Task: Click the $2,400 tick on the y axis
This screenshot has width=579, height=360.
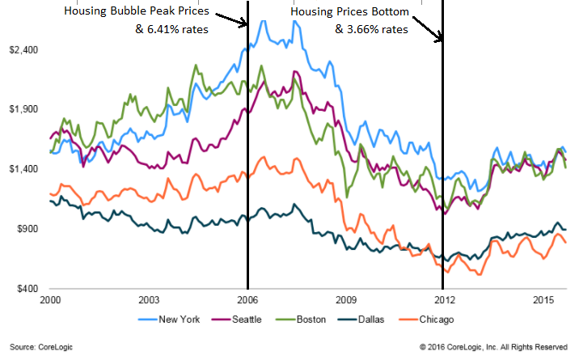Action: [x=21, y=49]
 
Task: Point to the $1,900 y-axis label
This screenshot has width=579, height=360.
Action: [x=21, y=109]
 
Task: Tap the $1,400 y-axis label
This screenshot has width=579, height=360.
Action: [x=21, y=169]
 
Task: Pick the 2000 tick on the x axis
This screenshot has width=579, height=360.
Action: [x=50, y=299]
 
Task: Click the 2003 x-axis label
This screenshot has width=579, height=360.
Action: [x=148, y=299]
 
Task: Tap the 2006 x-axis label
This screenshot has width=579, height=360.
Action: [x=247, y=299]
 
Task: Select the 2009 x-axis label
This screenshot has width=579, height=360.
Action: [x=344, y=299]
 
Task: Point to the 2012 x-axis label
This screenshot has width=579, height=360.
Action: [x=442, y=299]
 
